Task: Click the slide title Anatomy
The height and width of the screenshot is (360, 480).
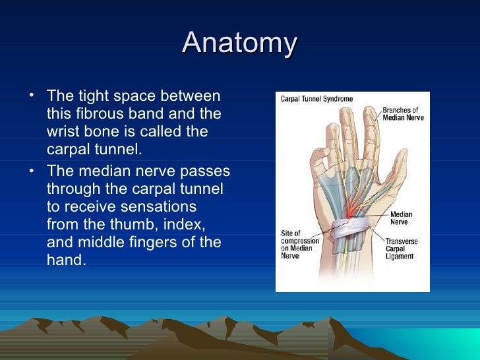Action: (x=240, y=42)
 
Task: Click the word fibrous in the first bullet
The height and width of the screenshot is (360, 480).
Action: (x=100, y=113)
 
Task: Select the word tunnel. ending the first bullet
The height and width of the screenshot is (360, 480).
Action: (x=118, y=150)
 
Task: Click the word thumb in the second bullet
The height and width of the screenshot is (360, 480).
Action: (x=134, y=224)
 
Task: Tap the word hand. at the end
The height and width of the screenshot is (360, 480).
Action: (x=67, y=260)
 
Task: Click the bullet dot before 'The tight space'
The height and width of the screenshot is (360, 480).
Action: (x=32, y=95)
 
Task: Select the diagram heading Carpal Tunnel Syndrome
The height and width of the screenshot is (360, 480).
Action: (x=317, y=99)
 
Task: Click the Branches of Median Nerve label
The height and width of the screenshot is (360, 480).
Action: (x=403, y=114)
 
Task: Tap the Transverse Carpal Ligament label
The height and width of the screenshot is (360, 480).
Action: (x=402, y=249)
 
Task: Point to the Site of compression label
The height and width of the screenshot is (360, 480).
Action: (x=300, y=245)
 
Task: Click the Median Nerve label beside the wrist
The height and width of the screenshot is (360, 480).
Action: (x=401, y=218)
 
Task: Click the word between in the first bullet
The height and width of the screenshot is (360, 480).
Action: (x=190, y=96)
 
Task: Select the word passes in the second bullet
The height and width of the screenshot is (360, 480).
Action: (x=205, y=171)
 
